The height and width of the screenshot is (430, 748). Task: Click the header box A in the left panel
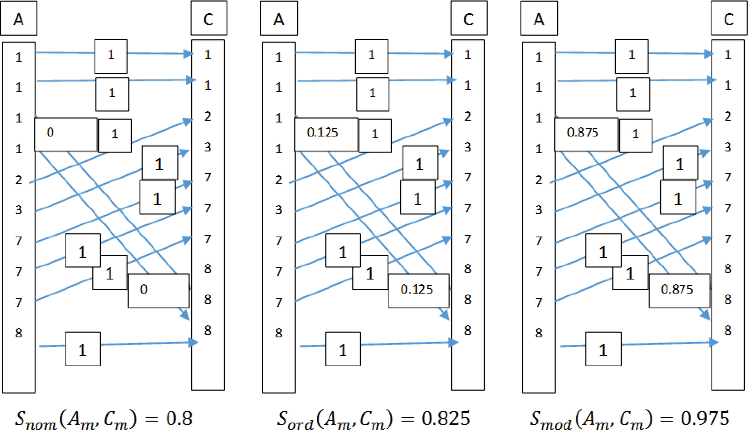click(19, 18)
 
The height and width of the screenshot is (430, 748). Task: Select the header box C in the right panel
click(729, 18)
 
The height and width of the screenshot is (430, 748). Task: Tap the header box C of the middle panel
click(469, 18)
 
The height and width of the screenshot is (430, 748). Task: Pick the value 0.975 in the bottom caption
click(705, 419)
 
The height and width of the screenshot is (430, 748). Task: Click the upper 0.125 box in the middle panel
click(326, 135)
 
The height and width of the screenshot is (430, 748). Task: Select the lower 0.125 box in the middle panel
click(419, 291)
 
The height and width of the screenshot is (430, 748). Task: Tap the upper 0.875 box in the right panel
click(586, 135)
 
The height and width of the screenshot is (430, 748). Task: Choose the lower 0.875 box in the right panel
click(679, 291)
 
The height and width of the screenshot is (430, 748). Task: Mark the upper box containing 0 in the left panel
click(66, 135)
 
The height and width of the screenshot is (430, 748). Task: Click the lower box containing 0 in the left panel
click(159, 291)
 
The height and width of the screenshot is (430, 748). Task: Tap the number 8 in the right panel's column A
click(539, 333)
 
